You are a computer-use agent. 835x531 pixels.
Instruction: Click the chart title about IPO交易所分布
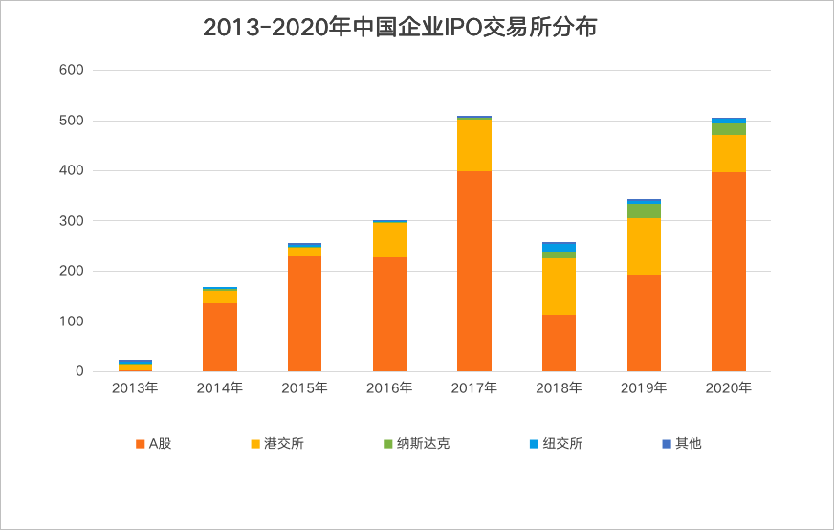[x=400, y=28]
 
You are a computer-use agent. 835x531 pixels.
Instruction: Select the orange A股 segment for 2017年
[x=474, y=271]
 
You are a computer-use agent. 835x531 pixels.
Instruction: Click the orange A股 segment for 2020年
[x=729, y=272]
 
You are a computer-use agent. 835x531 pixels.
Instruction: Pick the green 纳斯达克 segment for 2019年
[x=644, y=210]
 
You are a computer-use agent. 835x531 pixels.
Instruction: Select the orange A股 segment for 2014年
[x=220, y=337]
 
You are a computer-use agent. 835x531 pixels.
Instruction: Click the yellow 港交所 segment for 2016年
[x=389, y=240]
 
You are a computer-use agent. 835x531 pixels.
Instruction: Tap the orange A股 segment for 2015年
[x=304, y=314]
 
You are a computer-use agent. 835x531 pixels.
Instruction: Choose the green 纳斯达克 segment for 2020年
[x=729, y=129]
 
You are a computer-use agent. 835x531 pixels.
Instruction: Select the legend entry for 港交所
[x=276, y=444]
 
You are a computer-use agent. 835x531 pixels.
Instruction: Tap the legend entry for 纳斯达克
[x=415, y=444]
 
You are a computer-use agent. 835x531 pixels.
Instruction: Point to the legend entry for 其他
[x=681, y=444]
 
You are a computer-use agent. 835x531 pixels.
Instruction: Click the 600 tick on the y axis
[x=72, y=70]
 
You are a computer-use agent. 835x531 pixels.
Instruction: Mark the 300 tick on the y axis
[x=72, y=221]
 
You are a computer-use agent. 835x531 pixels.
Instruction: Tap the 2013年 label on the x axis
[x=135, y=387]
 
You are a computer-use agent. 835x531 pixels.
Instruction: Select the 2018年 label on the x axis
[x=559, y=387]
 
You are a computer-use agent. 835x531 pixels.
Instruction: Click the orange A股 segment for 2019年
[x=644, y=322]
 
